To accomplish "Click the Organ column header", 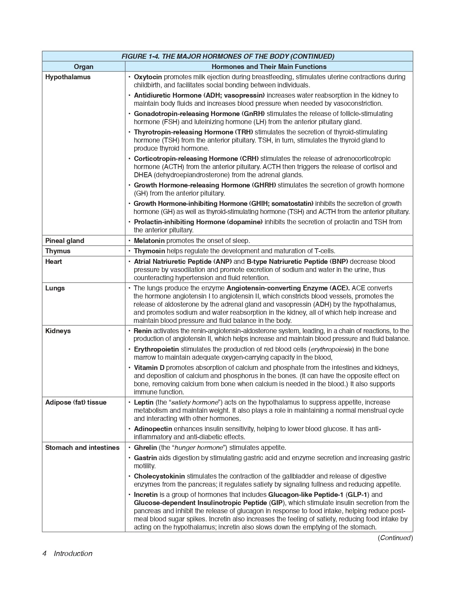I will pos(83,66).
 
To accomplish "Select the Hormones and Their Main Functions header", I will pos(269,66).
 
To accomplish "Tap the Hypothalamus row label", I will pos(68,77).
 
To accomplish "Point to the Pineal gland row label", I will pos(65,241).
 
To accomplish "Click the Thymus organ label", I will pos(58,251).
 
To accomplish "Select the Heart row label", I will pos(53,262).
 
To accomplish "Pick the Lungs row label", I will pos(55,288).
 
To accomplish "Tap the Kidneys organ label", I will pos(58,331).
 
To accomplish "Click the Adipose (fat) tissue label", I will pos(76,402).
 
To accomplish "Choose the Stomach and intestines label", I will pos(82,448).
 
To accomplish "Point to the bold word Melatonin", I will pos(149,241).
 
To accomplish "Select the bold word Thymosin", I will pos(149,251).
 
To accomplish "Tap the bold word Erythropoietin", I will pos(156,349).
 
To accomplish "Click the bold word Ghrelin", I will pos(145,448).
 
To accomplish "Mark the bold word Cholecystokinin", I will pos(159,476).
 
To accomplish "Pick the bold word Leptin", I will pos(143,402).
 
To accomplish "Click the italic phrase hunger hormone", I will pos(199,448).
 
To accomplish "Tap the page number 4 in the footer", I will pos(45,553).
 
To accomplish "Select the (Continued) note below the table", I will pos(395,538).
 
